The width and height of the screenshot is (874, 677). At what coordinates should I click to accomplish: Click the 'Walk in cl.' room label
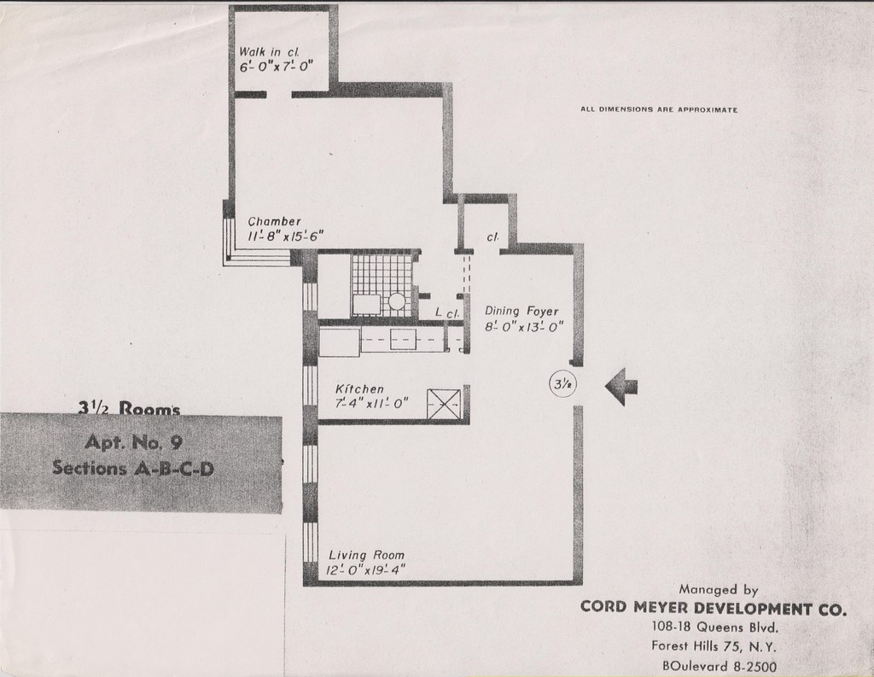click(266, 53)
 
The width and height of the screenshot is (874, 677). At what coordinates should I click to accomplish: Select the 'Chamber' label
click(274, 222)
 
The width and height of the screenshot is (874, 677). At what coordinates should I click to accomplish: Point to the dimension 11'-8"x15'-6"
click(285, 236)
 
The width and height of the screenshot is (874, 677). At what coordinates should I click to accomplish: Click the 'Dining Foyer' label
click(521, 312)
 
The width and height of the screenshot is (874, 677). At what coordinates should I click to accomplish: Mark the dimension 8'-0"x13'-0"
click(523, 327)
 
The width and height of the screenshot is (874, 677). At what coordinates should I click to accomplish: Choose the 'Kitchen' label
click(359, 389)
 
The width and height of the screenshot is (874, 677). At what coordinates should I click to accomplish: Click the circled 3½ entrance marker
click(562, 386)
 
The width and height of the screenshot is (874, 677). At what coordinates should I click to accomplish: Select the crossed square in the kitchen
click(443, 404)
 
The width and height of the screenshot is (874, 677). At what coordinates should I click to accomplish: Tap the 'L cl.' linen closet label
click(448, 314)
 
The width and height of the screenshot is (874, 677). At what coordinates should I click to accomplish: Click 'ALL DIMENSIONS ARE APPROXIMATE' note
click(658, 110)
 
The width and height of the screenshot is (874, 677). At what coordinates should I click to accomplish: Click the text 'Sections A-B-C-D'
click(132, 467)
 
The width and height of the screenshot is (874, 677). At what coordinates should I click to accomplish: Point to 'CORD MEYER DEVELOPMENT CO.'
click(714, 609)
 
